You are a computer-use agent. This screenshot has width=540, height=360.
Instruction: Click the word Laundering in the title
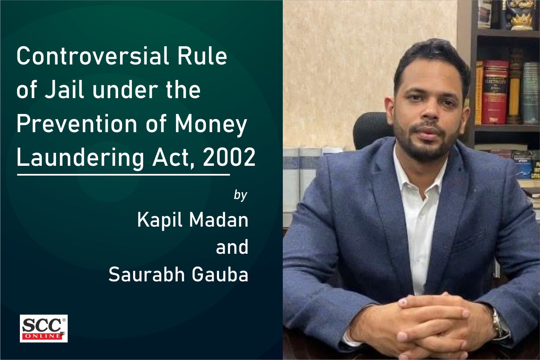[80, 158]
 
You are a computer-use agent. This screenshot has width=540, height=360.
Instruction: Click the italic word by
[240, 195]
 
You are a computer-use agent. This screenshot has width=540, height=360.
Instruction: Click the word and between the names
[232, 247]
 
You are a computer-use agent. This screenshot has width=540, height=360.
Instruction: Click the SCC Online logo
[44, 328]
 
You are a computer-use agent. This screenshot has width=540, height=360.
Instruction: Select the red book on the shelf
[495, 92]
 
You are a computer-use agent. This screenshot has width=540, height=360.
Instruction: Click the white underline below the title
[123, 175]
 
